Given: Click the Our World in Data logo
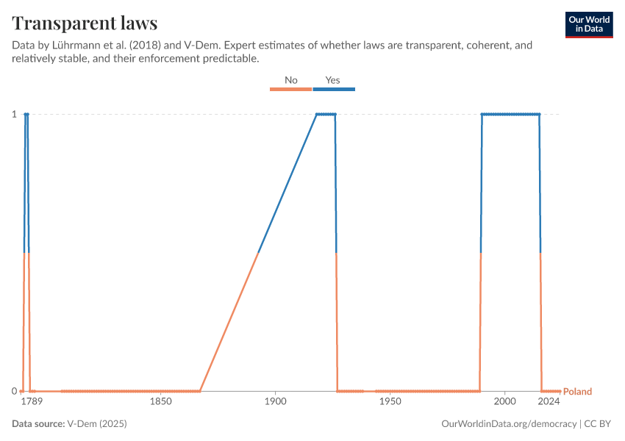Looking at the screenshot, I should point(588,24).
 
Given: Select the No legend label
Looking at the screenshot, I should point(291,79).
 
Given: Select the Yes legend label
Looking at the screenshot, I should point(333,79).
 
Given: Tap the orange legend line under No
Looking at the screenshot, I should point(291,89).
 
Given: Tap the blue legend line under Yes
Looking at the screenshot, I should point(334,89).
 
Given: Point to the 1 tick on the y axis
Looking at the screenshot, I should point(14,114).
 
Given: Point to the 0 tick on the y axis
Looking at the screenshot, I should point(14,391).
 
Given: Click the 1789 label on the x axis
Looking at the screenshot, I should point(31,402).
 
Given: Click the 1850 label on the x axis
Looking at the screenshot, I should point(160,402).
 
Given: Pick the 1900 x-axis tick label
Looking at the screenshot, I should point(275,402).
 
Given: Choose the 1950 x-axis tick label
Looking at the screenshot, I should point(390,402).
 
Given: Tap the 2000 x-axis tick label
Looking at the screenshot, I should point(504,402).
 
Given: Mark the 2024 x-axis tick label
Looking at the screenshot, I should point(549,402).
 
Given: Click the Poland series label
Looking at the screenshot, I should point(577,392).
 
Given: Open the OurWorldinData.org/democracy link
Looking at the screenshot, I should point(509,424).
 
